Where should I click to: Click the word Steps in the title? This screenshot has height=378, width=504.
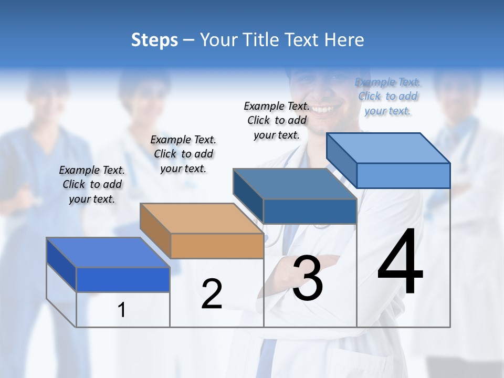(154, 40)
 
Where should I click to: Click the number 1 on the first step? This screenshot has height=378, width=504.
(122, 310)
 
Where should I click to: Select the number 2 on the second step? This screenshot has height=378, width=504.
(212, 294)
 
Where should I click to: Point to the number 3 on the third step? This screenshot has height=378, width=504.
(308, 278)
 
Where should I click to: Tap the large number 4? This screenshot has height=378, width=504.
(400, 262)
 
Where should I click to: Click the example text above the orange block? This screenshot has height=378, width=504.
(183, 154)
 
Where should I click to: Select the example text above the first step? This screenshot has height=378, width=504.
(92, 184)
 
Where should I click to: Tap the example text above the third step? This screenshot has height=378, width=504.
(277, 120)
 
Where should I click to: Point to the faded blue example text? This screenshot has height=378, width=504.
(387, 96)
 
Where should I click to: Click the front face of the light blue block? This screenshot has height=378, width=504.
(403, 175)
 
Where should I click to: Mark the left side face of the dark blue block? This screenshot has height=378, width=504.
(61, 264)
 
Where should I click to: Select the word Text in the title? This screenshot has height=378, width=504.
(308, 40)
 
